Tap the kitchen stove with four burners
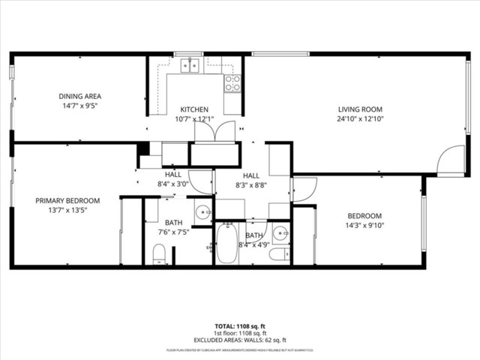pos(232,82)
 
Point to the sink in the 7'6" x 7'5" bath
pos(203,212)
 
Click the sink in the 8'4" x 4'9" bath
pos(280,233)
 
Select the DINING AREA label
pos(80,96)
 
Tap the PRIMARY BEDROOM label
pos(67,200)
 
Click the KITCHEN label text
pos(193,109)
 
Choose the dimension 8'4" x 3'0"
pos(173,184)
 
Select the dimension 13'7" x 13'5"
pos(67,210)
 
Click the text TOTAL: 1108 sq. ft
pos(240,326)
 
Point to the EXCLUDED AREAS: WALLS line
pos(240,340)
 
